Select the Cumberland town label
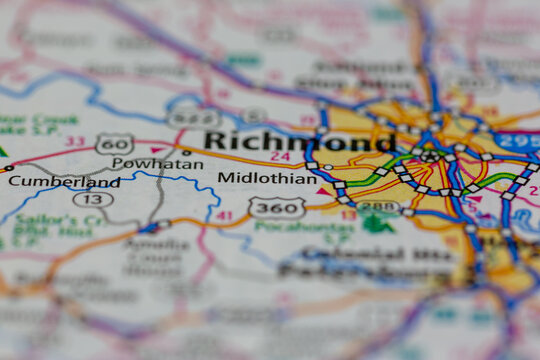(x=64, y=182)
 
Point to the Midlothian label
(x=267, y=178)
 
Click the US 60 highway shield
(x=114, y=143)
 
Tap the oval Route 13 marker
(x=92, y=199)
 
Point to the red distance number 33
(x=73, y=142)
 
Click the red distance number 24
(x=280, y=156)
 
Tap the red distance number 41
(x=224, y=215)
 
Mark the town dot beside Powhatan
(x=186, y=152)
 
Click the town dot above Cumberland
(x=9, y=168)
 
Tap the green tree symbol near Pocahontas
(x=376, y=222)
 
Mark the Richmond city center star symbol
(x=430, y=156)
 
